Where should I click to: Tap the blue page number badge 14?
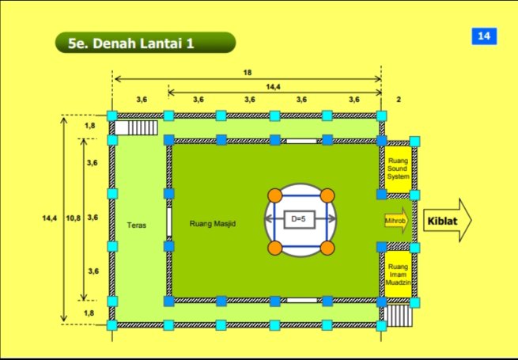pos(482,36)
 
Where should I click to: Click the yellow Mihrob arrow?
pos(397,222)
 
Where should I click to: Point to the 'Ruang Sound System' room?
pos(399,168)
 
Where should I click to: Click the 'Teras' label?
pos(136,225)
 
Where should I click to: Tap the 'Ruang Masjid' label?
pos(214,224)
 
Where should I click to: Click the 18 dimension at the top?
pos(248,72)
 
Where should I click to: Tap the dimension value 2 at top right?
pos(399,100)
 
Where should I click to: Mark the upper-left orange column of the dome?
pos(274,195)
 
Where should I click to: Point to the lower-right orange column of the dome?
pos(327,248)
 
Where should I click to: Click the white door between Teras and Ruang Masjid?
pos(168,222)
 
